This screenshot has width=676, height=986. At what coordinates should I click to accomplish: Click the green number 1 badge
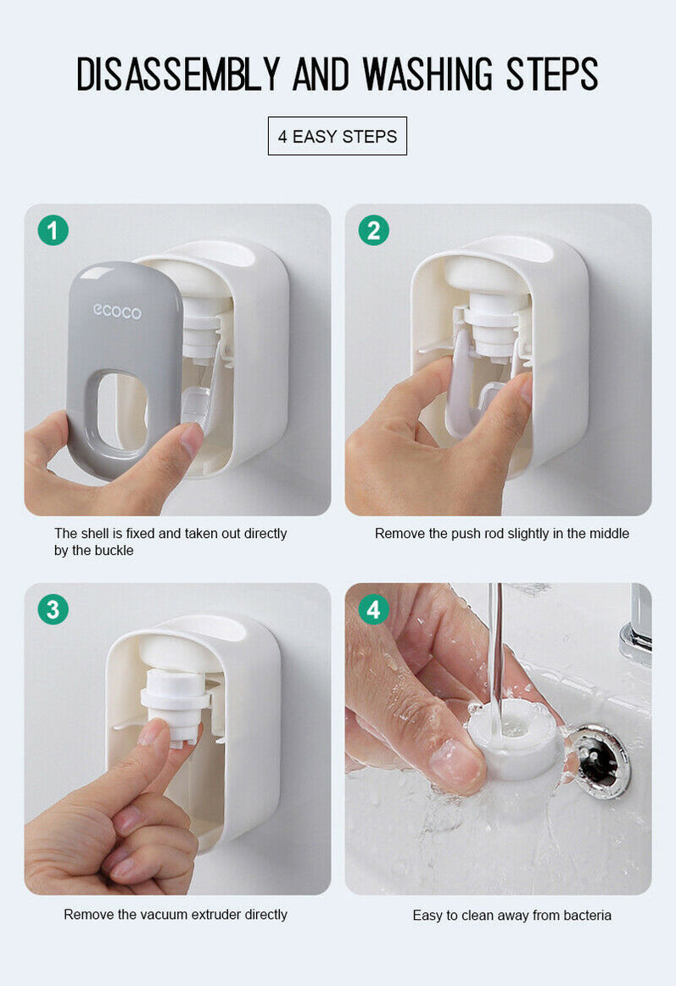53,230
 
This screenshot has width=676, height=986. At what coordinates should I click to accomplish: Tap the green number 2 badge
373,230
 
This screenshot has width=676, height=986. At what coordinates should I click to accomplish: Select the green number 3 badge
53,609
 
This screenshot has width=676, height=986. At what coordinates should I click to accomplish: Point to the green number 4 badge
373,609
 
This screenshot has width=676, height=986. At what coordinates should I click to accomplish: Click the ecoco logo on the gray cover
117,311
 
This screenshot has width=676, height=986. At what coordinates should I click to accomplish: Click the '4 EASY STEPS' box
338,137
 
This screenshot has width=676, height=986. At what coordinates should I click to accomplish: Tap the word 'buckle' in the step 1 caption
115,551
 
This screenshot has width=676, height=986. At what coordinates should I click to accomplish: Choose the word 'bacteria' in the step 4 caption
581,916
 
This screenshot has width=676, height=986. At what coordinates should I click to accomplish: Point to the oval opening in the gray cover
121,411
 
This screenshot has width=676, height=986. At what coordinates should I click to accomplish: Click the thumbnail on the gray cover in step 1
191,437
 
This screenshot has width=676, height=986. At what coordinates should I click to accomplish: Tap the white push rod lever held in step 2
461,382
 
